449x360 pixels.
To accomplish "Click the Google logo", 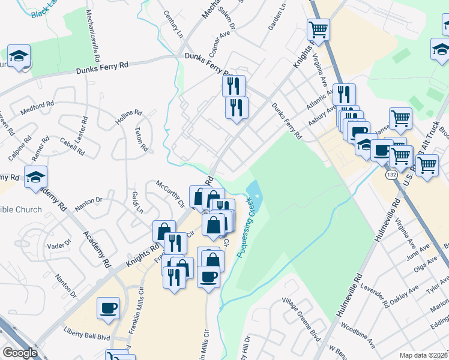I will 20,353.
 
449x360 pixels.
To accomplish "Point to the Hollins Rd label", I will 128,118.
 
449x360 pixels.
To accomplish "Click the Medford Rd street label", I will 38,108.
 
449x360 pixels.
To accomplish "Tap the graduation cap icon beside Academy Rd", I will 36,176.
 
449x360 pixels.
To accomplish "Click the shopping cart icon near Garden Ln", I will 318,28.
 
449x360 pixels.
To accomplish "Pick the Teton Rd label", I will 142,139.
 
